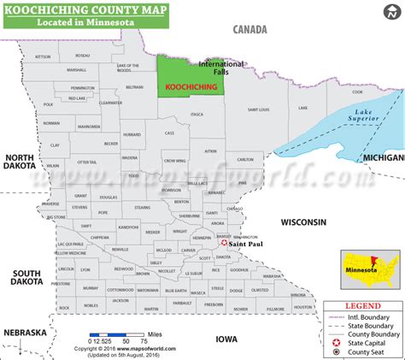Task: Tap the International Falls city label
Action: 220,68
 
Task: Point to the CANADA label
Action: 250,29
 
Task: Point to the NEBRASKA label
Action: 23,332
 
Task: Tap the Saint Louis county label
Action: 260,109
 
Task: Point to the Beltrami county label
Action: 134,87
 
